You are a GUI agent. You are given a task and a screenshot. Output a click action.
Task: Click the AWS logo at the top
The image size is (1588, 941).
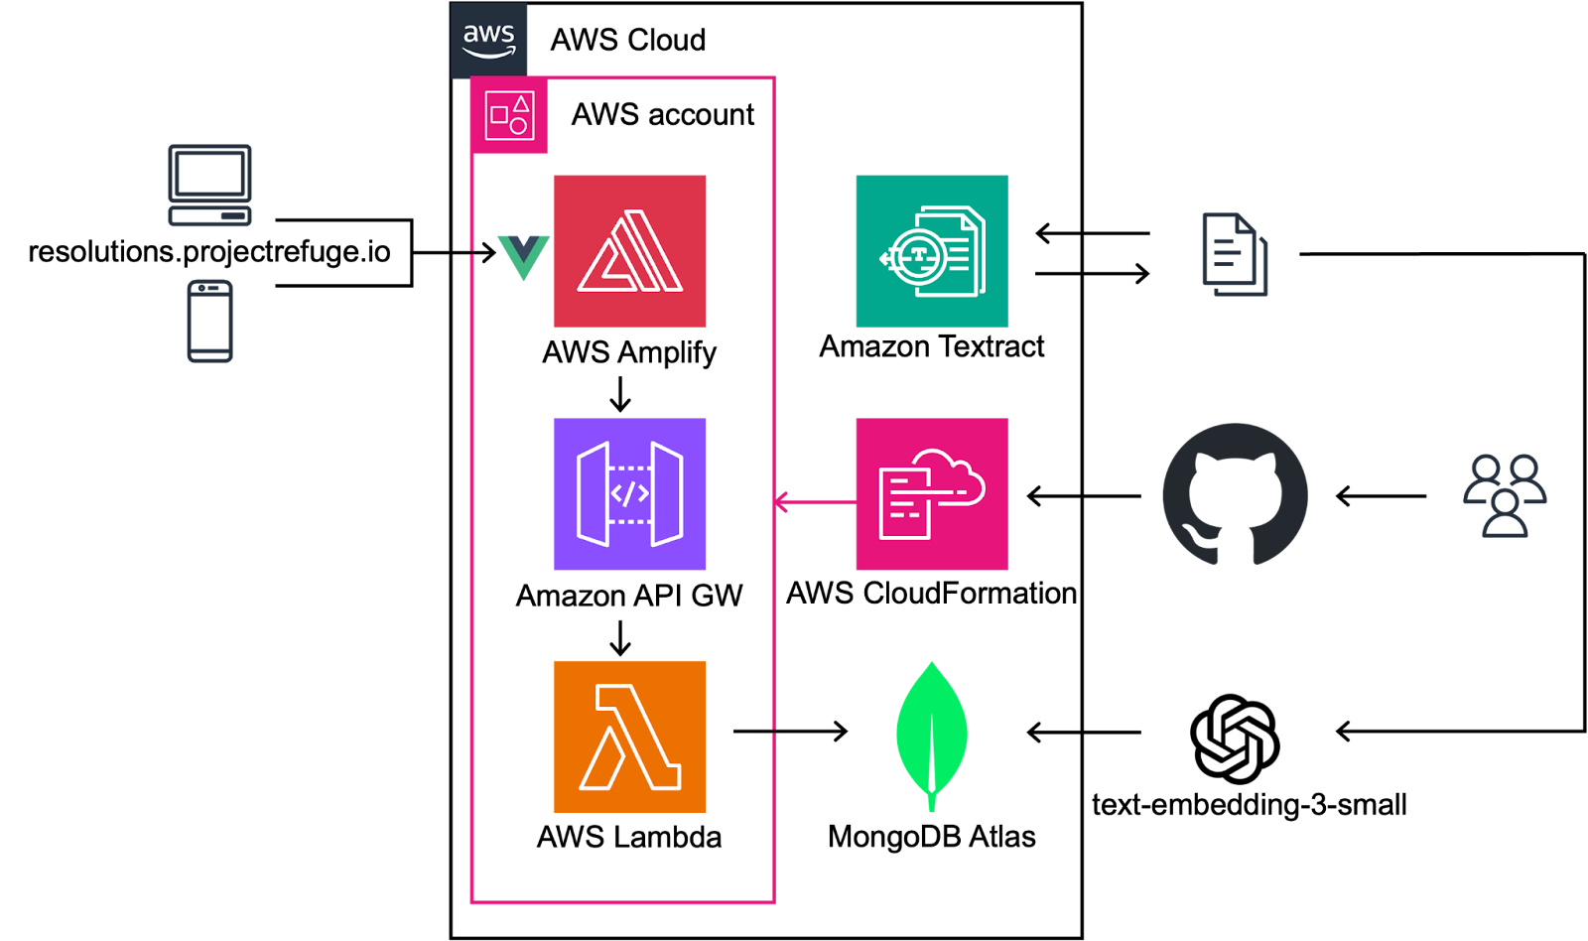488,40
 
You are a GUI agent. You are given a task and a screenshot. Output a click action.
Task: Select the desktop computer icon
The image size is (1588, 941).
209,186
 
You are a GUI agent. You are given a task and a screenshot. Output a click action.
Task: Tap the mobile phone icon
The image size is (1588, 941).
210,321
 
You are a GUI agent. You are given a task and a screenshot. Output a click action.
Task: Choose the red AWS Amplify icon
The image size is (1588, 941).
629,251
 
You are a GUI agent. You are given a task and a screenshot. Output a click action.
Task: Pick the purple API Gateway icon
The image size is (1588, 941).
629,494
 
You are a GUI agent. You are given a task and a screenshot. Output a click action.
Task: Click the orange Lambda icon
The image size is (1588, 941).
629,737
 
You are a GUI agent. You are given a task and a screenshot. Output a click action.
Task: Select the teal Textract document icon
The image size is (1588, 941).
932,251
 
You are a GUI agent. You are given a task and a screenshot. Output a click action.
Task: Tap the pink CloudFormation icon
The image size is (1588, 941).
932,494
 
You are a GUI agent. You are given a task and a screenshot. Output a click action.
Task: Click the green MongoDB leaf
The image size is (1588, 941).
931,730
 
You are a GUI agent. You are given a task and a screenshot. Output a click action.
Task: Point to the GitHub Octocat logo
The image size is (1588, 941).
1235,494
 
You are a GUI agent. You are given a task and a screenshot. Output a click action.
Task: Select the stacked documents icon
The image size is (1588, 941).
1235,254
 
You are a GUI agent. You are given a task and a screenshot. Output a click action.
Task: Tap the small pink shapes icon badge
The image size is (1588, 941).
509,115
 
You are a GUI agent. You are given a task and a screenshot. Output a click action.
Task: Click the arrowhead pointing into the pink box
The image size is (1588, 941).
781,502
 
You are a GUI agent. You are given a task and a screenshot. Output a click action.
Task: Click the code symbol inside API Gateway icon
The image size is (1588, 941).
629,493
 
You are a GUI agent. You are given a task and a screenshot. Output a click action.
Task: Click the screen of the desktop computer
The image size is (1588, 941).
209,175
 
